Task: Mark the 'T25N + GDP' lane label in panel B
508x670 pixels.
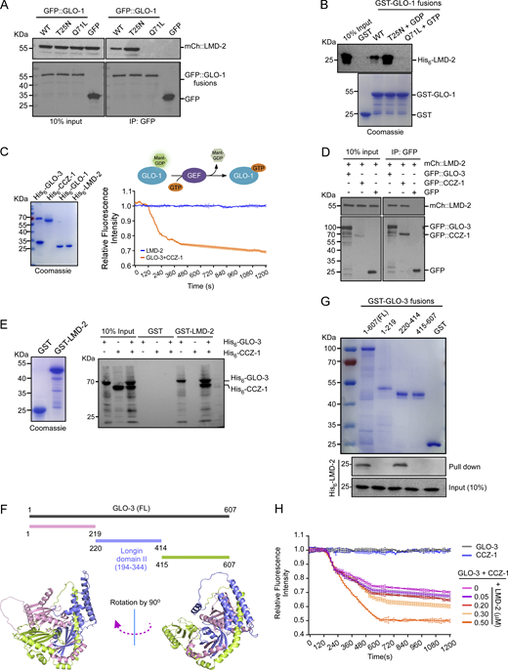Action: (x=443, y=36)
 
